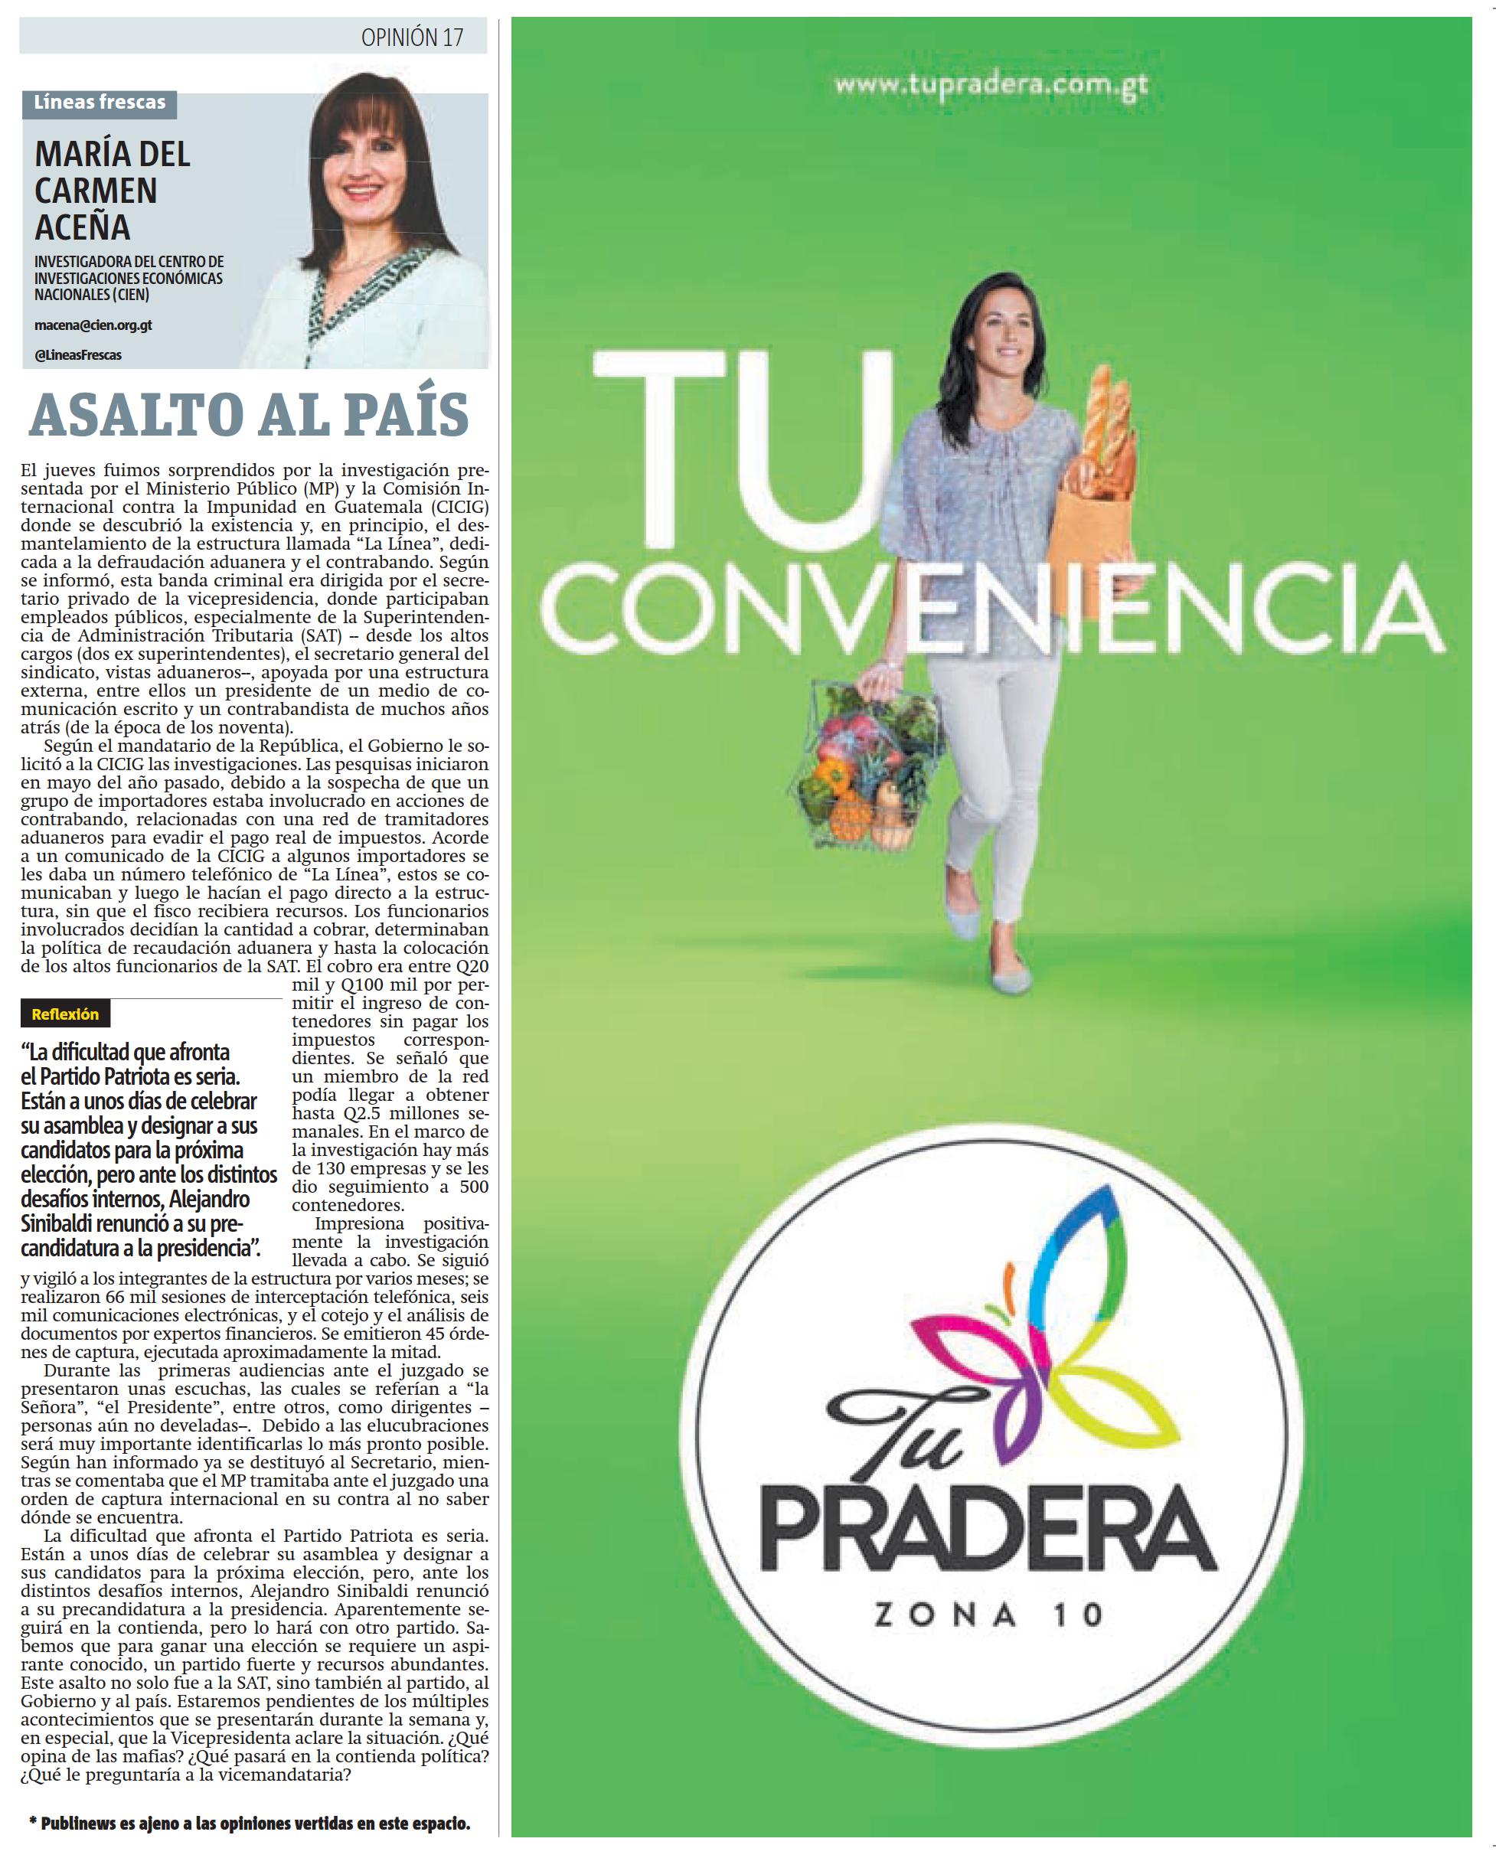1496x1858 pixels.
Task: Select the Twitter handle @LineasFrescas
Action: (x=77, y=355)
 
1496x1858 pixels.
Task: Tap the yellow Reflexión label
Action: (x=66, y=1014)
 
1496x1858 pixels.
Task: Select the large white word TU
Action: (x=741, y=452)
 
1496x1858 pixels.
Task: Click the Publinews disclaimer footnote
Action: (x=250, y=1824)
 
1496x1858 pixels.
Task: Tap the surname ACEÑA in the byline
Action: (x=83, y=227)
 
